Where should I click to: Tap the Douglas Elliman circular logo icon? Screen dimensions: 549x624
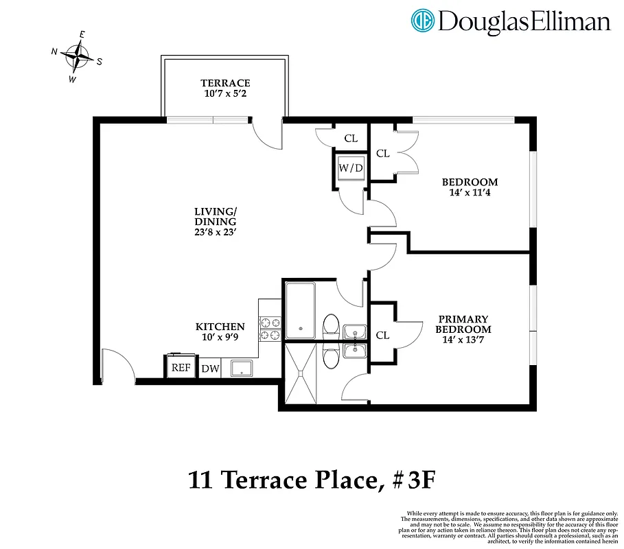click(x=423, y=21)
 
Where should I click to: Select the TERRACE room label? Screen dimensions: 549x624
click(x=225, y=83)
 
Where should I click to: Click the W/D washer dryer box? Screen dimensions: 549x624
click(x=350, y=167)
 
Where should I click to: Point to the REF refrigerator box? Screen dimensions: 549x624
click(x=181, y=367)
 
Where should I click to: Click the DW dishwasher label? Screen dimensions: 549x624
click(x=210, y=369)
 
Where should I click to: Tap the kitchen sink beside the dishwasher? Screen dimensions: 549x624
click(x=242, y=368)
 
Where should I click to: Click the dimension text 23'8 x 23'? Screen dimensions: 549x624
click(x=215, y=232)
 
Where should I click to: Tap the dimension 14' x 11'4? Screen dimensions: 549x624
click(x=470, y=192)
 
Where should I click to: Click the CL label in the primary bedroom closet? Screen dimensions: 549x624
click(x=383, y=335)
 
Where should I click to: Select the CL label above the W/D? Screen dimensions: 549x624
click(x=351, y=138)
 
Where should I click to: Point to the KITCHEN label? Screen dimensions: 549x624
click(x=220, y=327)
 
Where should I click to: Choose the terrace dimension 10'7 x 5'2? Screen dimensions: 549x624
click(x=225, y=93)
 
